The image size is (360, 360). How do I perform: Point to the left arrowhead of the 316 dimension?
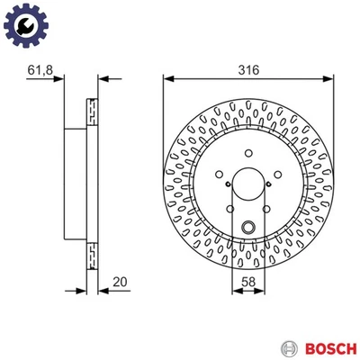coord(166,77)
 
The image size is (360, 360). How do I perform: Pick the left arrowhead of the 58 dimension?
coord(232,291)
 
